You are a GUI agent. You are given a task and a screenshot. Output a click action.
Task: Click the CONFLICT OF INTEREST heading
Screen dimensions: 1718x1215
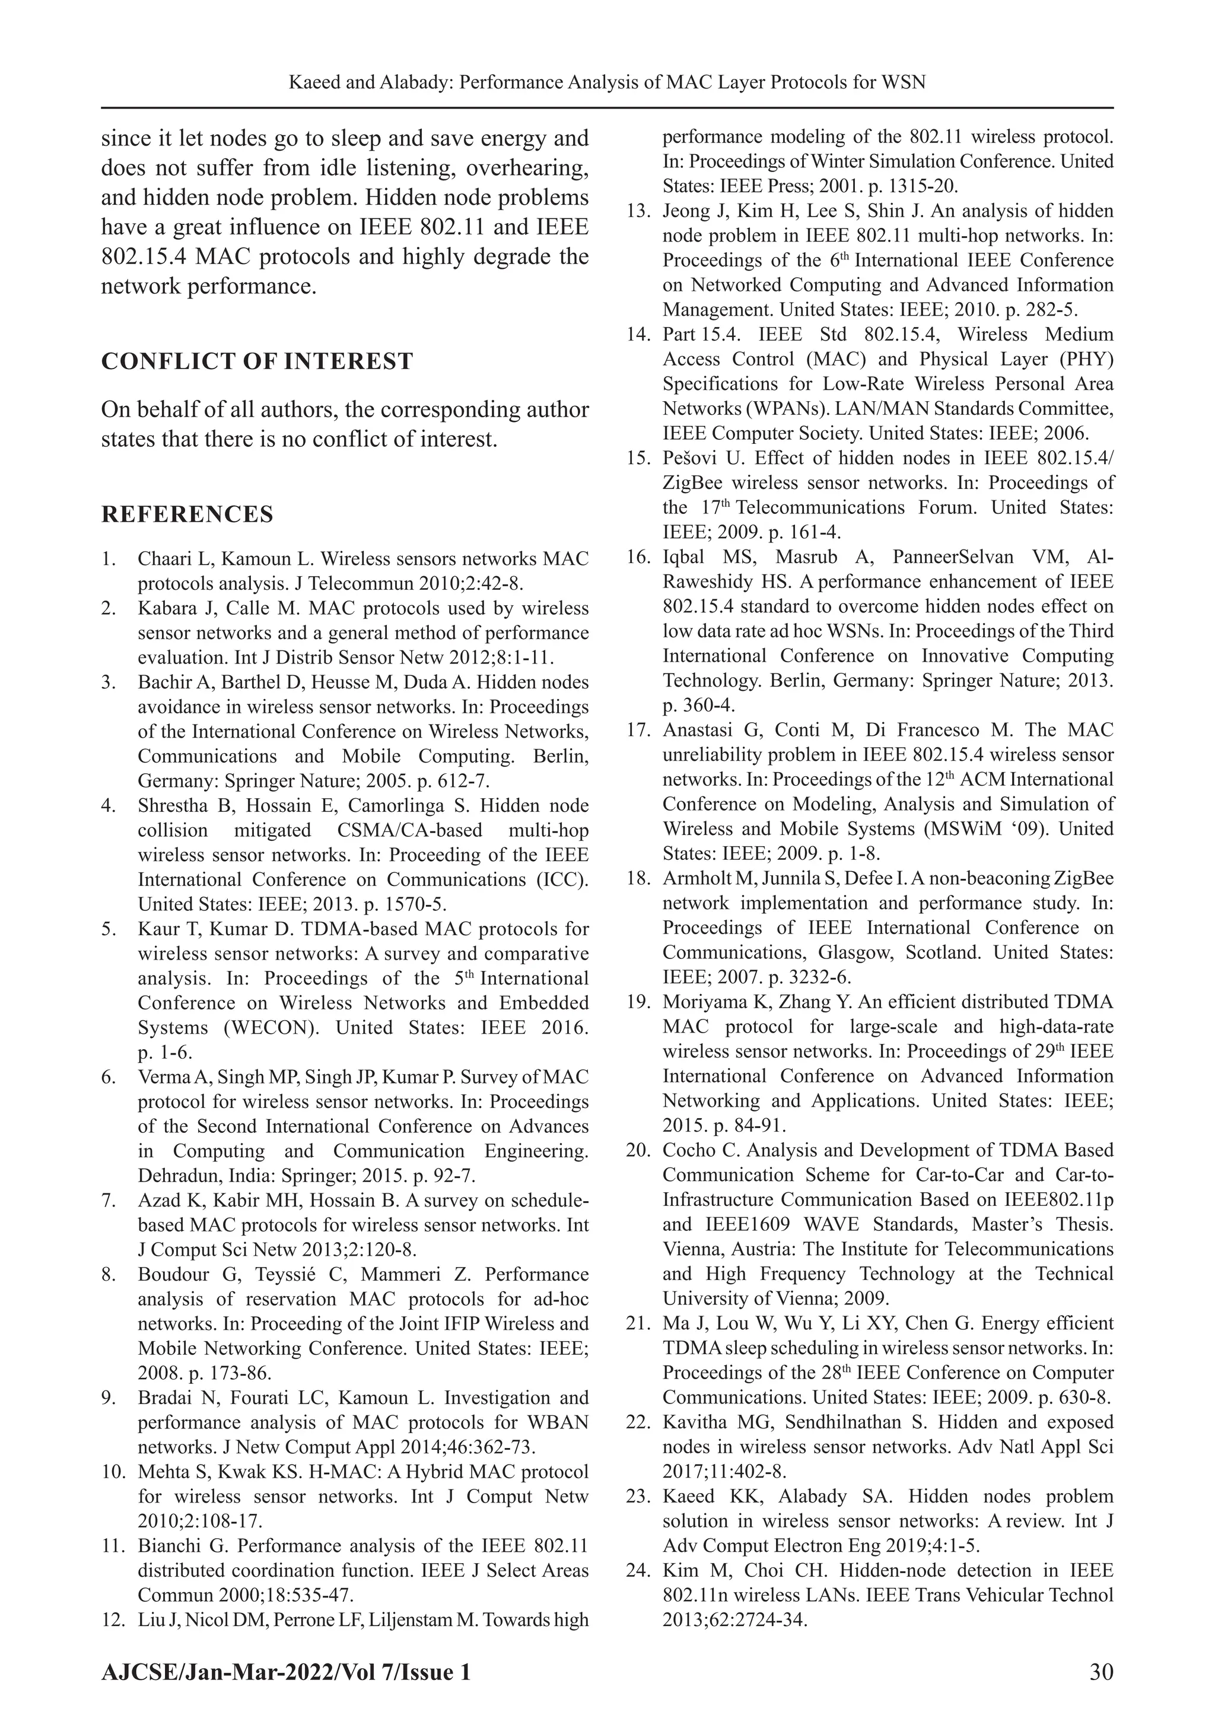pyautogui.click(x=257, y=361)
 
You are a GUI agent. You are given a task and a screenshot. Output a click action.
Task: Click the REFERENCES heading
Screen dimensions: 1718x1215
pyautogui.click(x=187, y=515)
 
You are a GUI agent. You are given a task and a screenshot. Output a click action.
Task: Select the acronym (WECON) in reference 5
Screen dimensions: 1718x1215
pyautogui.click(x=267, y=1027)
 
